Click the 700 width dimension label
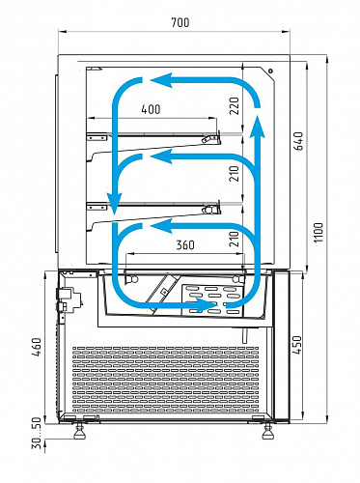[180, 22]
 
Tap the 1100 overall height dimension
[318, 233]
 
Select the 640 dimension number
[299, 141]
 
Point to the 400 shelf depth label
[151, 109]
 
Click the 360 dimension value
[185, 244]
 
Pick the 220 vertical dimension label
[235, 106]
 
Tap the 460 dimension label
[37, 347]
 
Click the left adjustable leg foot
[79, 433]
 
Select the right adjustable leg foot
[267, 433]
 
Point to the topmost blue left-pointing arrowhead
[160, 80]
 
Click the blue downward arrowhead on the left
[115, 203]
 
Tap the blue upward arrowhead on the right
[257, 127]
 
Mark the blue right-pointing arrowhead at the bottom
[207, 305]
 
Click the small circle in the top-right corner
[271, 71]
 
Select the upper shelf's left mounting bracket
[97, 137]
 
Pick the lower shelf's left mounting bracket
[97, 207]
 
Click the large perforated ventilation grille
[165, 380]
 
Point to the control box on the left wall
[69, 298]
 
